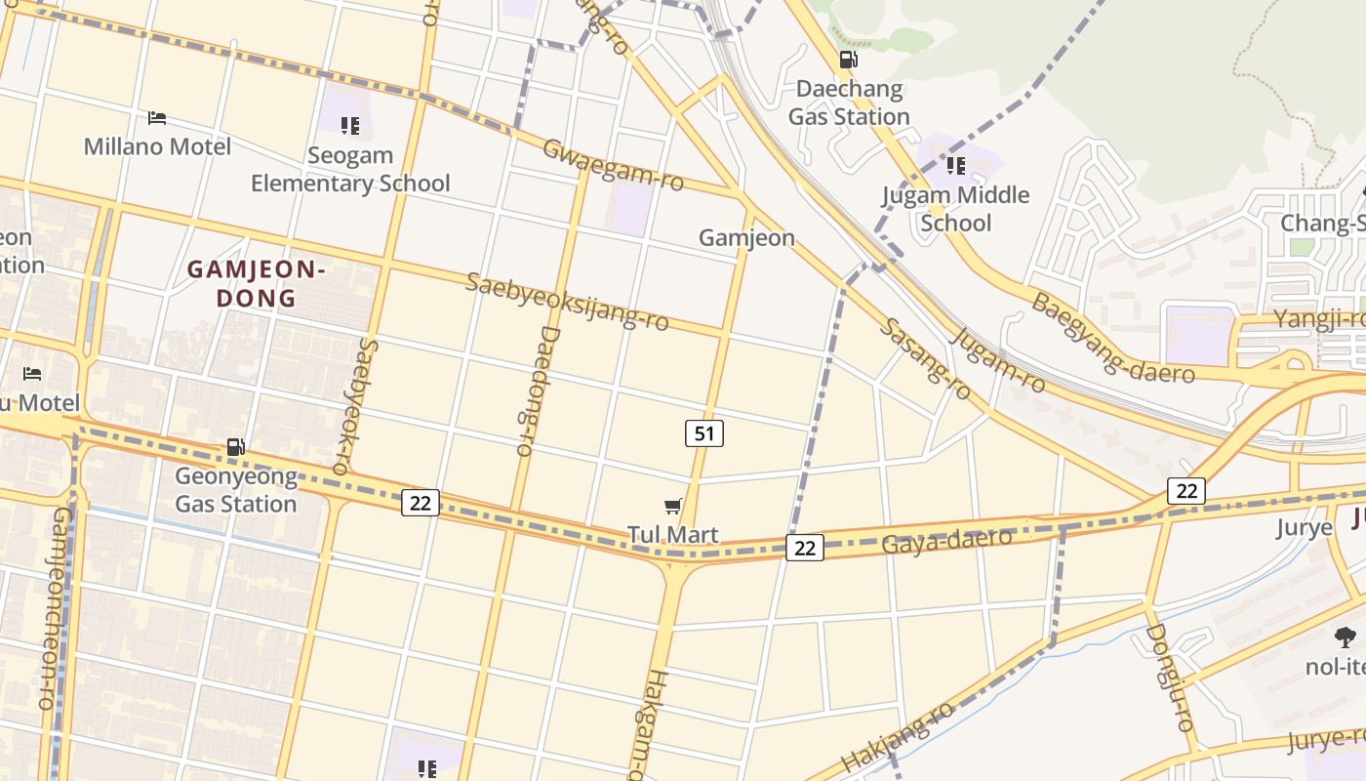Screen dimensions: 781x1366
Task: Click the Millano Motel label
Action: (157, 146)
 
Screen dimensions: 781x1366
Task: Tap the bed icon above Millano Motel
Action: (157, 118)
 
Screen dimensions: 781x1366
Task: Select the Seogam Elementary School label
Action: (350, 169)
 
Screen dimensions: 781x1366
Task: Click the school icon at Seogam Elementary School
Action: (350, 125)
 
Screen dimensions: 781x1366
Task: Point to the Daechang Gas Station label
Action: (849, 103)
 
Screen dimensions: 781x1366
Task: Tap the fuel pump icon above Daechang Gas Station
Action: (849, 59)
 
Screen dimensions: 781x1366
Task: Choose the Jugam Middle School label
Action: (956, 208)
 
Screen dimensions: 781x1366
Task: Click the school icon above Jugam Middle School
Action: (956, 165)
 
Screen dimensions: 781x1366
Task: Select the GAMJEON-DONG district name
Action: (254, 283)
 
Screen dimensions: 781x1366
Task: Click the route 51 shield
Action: (703, 432)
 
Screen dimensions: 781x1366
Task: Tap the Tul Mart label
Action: (672, 534)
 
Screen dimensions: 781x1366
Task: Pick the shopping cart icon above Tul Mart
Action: (672, 505)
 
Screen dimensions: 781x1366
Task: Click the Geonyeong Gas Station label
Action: (236, 490)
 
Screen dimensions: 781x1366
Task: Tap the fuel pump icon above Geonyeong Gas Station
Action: (236, 447)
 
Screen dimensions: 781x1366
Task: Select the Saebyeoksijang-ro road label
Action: (567, 302)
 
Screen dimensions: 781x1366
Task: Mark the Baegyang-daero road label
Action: (1112, 337)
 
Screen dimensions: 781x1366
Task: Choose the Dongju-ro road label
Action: (1170, 678)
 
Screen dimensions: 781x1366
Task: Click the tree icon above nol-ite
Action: (1346, 637)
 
